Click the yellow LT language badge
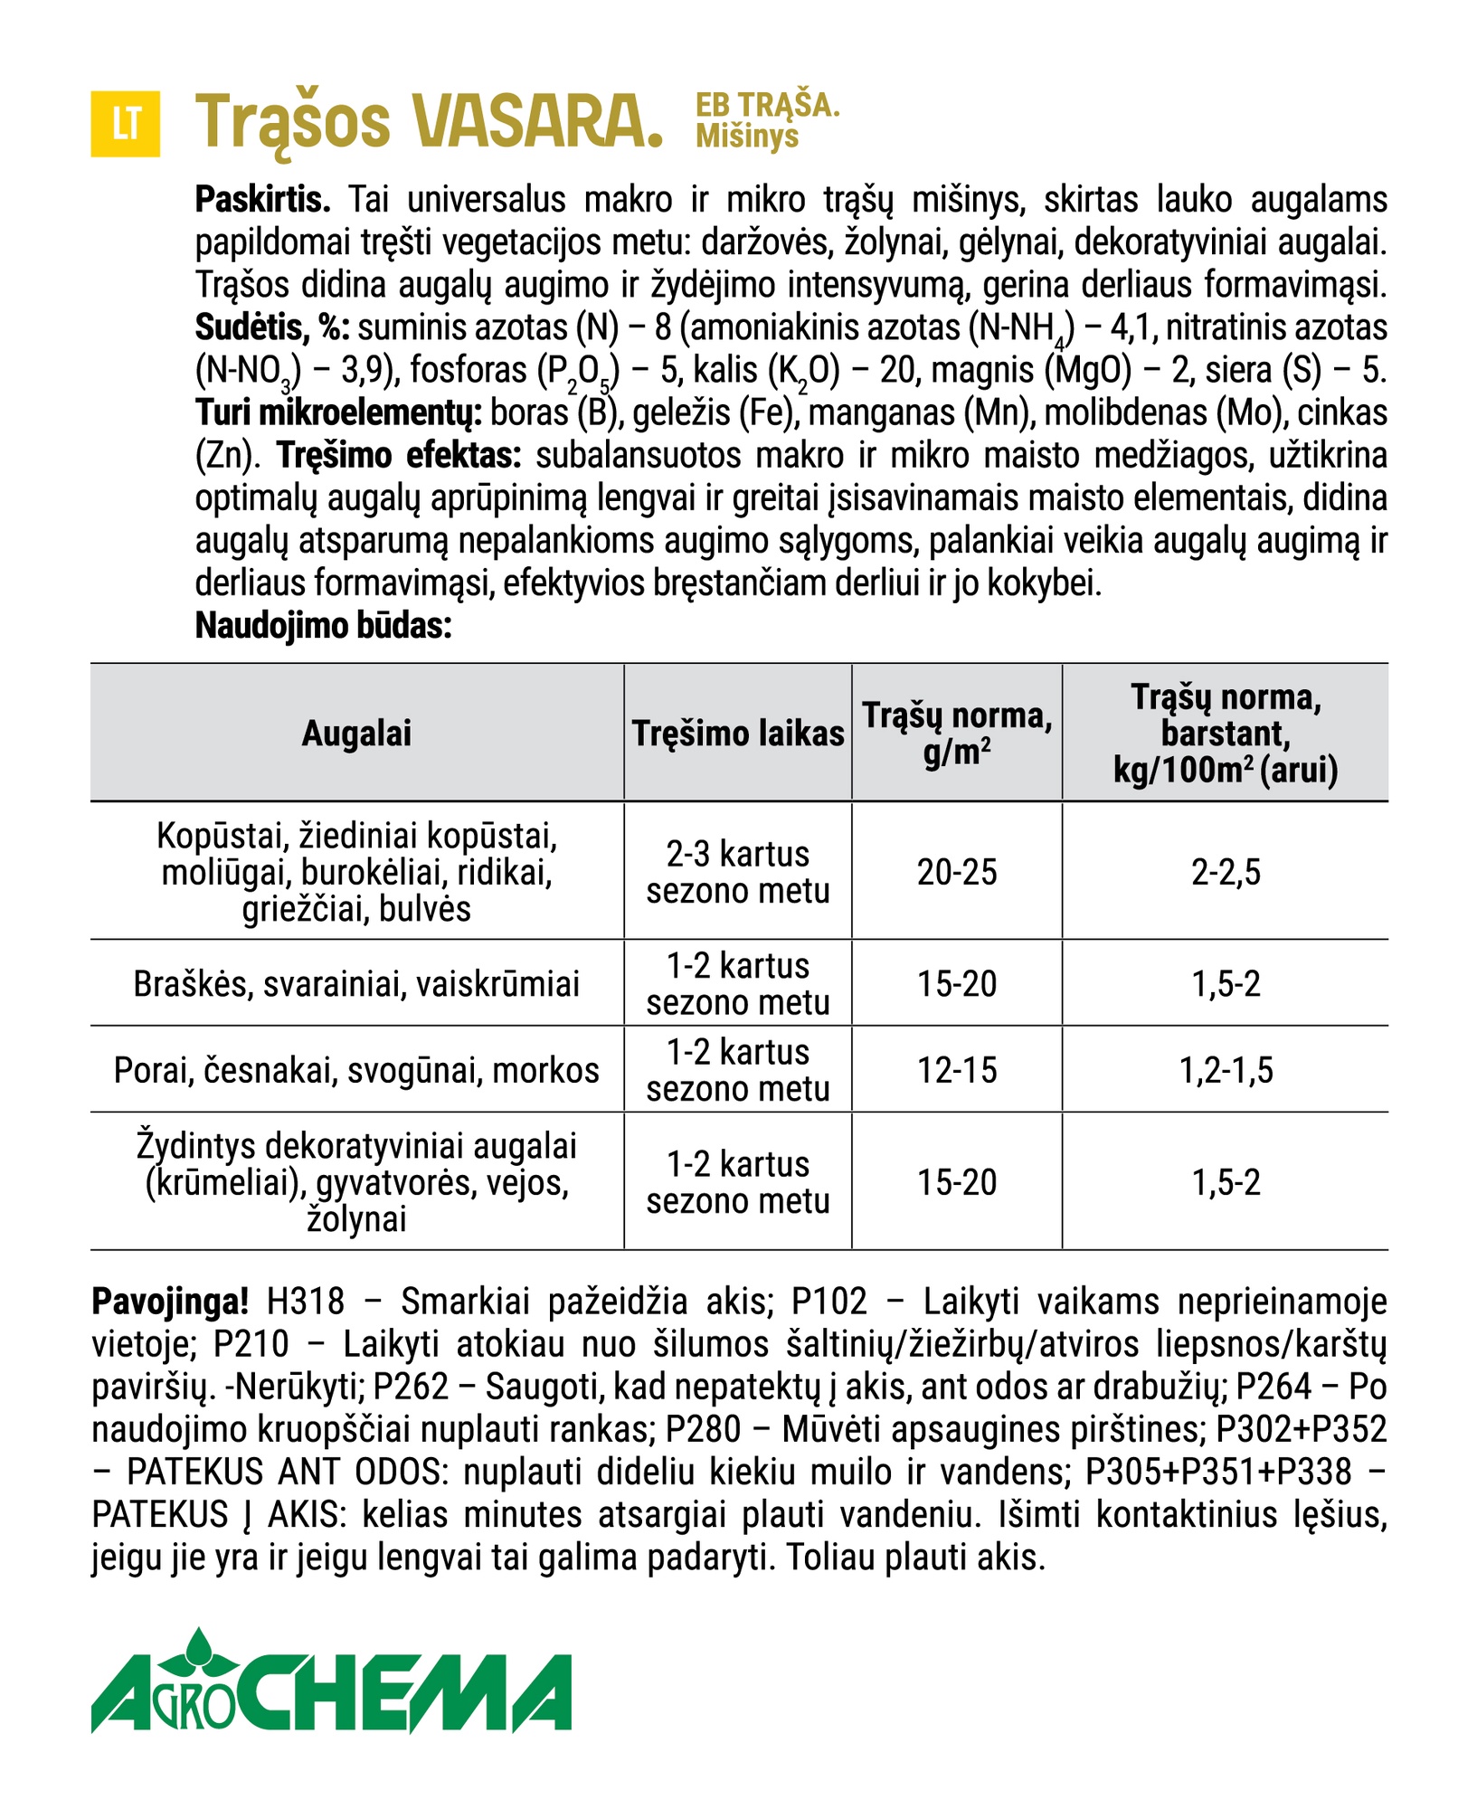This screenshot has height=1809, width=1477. tap(126, 124)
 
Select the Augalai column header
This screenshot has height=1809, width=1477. tap(356, 734)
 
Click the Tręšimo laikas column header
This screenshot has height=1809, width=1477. tap(738, 734)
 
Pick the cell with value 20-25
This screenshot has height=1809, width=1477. tap(957, 872)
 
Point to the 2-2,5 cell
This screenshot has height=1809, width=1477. tap(1226, 872)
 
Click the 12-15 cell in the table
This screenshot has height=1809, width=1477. tap(957, 1070)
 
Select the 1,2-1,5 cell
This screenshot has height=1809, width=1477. tap(1226, 1070)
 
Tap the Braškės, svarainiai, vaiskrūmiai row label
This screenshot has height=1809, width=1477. tap(356, 984)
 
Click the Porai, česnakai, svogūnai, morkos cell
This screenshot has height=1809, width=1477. tap(356, 1070)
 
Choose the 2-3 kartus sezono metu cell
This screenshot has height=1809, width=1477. tap(738, 872)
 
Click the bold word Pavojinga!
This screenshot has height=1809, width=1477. tap(170, 1302)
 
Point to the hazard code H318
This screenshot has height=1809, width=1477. tap(306, 1302)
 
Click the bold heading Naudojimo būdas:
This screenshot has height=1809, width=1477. tap(323, 626)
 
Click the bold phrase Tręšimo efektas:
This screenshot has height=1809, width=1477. tap(399, 455)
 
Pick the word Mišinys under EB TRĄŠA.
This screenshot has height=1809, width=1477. tap(747, 137)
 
